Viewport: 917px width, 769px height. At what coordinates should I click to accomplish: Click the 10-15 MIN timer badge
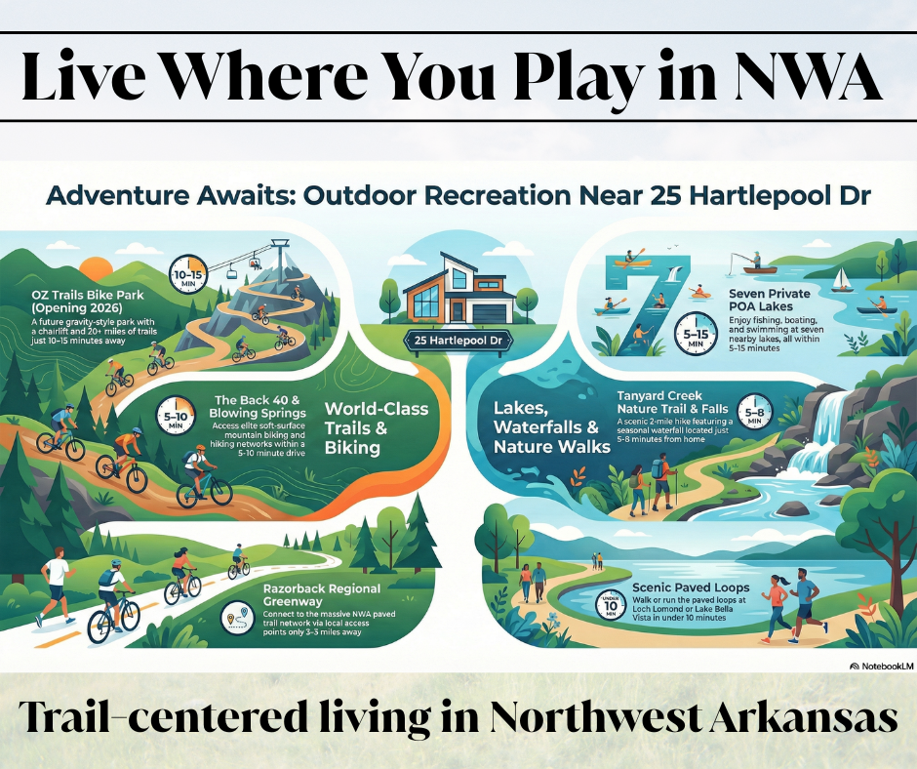pos(188,276)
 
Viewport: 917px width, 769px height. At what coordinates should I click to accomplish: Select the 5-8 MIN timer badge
pos(754,412)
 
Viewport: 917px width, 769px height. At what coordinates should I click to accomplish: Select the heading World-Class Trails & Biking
pos(376,426)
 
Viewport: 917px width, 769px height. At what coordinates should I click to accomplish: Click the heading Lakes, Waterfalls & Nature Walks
pos(545,427)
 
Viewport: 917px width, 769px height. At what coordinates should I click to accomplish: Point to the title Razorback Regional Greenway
pos(322,596)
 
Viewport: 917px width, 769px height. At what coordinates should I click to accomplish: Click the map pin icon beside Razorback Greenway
pos(236,618)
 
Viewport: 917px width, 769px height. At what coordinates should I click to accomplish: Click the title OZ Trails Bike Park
pos(81,303)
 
